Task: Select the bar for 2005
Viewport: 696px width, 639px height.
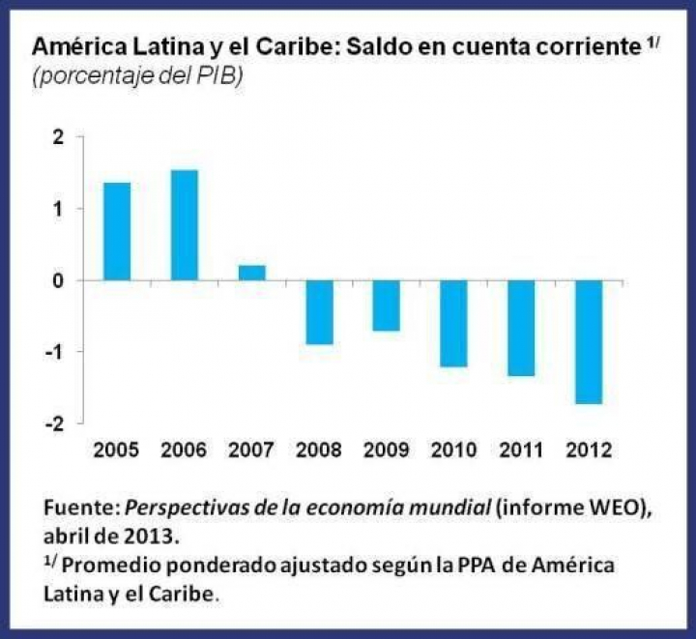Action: [x=117, y=231]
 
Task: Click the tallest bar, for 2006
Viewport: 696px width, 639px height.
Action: [x=185, y=225]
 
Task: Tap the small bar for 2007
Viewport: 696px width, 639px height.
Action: [x=251, y=273]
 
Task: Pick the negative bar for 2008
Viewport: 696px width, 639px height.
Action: [x=319, y=312]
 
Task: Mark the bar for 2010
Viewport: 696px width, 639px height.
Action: [x=453, y=324]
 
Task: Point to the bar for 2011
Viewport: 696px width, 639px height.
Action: [x=521, y=328]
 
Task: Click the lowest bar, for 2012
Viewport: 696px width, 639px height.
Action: [x=588, y=342]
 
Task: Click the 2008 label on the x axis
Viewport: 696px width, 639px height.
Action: [x=319, y=450]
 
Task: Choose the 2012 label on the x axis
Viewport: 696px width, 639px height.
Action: [x=588, y=450]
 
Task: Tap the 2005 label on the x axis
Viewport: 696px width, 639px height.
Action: [x=117, y=450]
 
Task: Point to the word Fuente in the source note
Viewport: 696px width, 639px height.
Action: [x=74, y=507]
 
